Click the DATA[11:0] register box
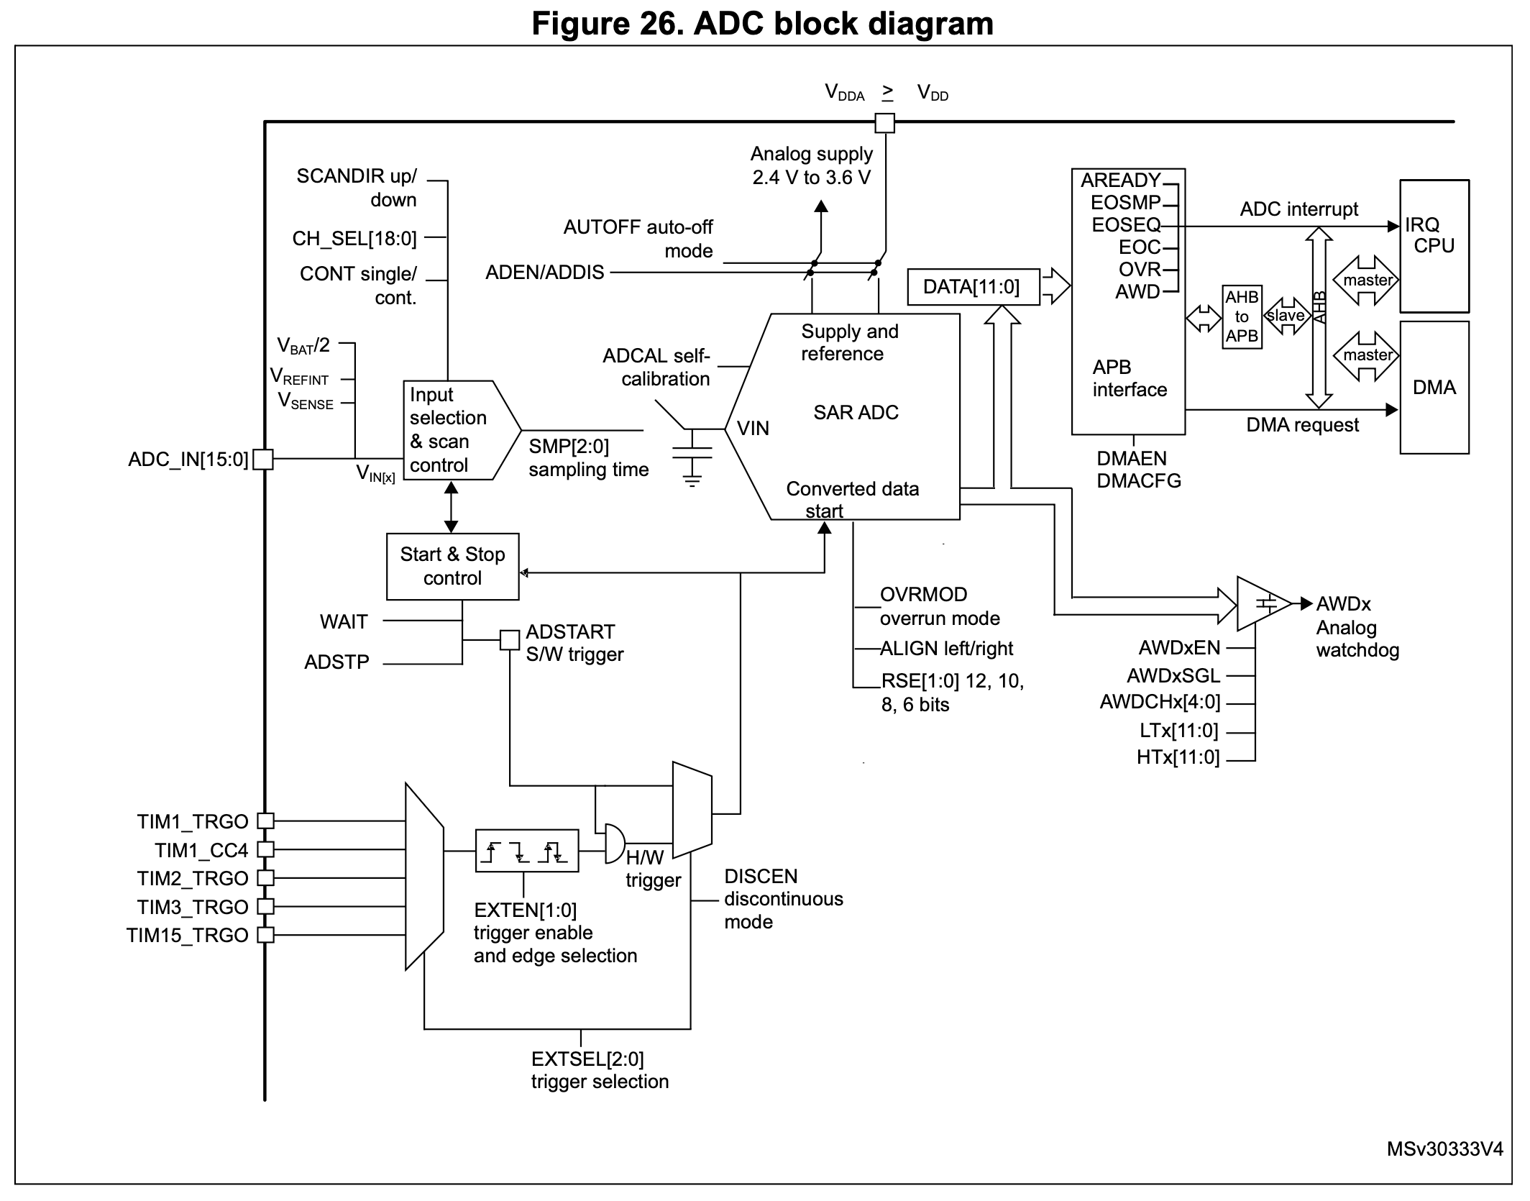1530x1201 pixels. pyautogui.click(x=973, y=287)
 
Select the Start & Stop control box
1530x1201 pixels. pyautogui.click(x=452, y=567)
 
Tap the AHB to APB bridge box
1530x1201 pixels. pyautogui.click(x=1242, y=316)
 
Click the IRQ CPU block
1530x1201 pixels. pyautogui.click(x=1434, y=245)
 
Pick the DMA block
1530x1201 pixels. pyautogui.click(x=1434, y=388)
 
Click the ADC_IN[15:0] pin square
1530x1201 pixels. pyautogui.click(x=264, y=460)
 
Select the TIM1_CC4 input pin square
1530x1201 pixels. pyautogui.click(x=265, y=849)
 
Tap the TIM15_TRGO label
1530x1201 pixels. pyautogui.click(x=187, y=935)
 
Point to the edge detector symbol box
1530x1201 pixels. pyautogui.click(x=526, y=851)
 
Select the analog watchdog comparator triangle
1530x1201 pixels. pyautogui.click(x=1263, y=604)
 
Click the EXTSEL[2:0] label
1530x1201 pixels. pyautogui.click(x=587, y=1059)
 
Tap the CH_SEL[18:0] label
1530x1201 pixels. pyautogui.click(x=354, y=238)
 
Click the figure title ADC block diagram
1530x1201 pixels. pyautogui.click(x=763, y=23)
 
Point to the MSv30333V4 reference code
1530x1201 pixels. pyautogui.click(x=1444, y=1149)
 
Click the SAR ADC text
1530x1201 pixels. pyautogui.click(x=856, y=412)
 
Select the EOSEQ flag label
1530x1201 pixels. pyautogui.click(x=1125, y=225)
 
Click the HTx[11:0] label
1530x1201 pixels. pyautogui.click(x=1178, y=757)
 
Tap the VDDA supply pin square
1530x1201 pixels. pyautogui.click(x=884, y=123)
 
